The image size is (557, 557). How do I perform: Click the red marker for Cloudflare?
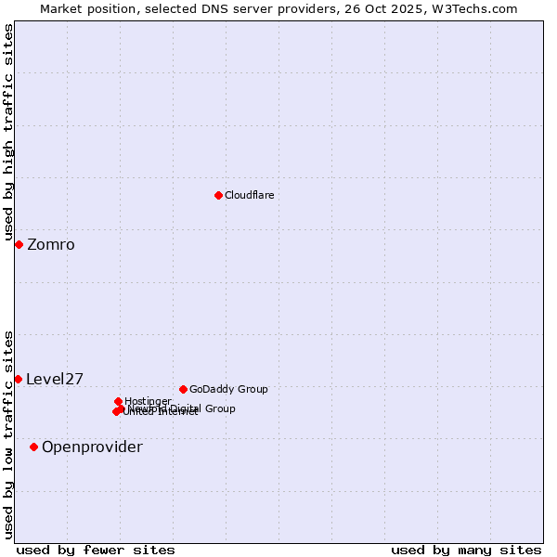click(x=218, y=195)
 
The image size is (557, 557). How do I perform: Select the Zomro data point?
click(x=19, y=244)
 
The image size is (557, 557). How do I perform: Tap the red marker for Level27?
click(x=18, y=379)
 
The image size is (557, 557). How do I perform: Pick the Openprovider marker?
click(x=33, y=447)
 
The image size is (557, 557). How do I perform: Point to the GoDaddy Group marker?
click(x=183, y=389)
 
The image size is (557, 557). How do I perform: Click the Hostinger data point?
click(x=118, y=401)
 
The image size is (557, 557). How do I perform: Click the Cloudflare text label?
click(x=249, y=195)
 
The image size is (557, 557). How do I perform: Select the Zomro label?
click(x=51, y=245)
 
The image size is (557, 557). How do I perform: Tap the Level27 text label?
click(x=55, y=379)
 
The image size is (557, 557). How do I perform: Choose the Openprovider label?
click(x=92, y=447)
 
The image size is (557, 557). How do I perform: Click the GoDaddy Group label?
click(x=228, y=389)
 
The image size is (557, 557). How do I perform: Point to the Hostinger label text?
click(x=148, y=401)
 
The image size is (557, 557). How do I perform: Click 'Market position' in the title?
click(x=83, y=8)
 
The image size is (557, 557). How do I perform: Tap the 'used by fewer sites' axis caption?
click(x=96, y=550)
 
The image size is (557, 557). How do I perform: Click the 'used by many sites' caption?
click(x=466, y=550)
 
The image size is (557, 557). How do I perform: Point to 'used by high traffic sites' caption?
click(x=8, y=133)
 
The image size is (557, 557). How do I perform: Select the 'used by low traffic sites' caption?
click(x=8, y=434)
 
